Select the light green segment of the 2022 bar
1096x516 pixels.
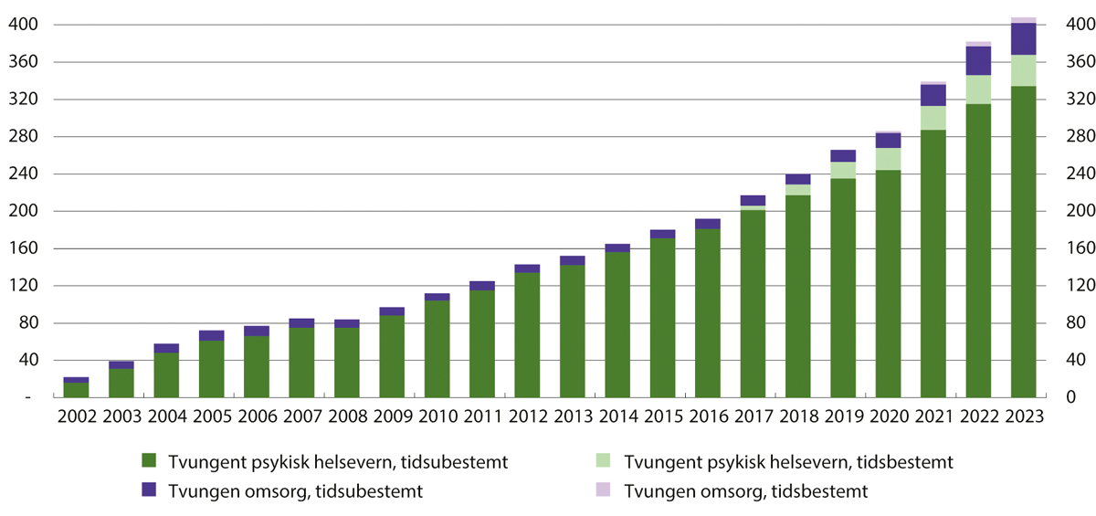(x=978, y=90)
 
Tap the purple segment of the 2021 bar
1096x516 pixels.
(x=933, y=95)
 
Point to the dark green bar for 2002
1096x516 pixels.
(x=76, y=390)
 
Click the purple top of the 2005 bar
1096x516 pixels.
(x=212, y=335)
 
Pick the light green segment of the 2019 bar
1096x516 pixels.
(x=843, y=170)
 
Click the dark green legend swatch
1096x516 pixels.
(x=151, y=462)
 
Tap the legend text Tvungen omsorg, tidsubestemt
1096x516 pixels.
(x=295, y=491)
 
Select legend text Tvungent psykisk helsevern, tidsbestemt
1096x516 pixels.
(x=789, y=462)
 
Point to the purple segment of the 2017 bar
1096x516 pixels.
(x=753, y=200)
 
